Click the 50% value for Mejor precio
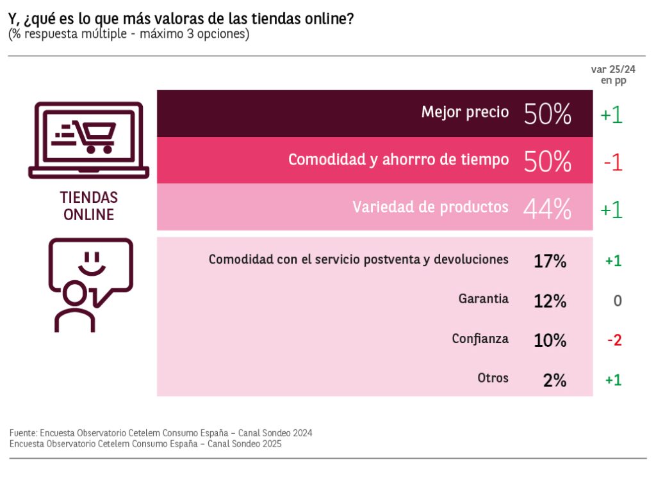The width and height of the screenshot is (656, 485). tap(547, 114)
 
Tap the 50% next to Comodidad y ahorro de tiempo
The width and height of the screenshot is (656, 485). tap(547, 162)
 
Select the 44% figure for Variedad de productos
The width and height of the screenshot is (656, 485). tap(547, 209)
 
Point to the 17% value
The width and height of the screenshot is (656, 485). tap(550, 261)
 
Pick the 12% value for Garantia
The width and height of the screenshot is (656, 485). tap(550, 301)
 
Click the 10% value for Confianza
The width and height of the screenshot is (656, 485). tap(550, 340)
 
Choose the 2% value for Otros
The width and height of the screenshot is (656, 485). tap(554, 380)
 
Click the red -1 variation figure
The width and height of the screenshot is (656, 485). tap(612, 163)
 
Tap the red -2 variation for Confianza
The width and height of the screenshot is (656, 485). tap(614, 340)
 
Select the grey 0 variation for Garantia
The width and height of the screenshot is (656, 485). tap(618, 301)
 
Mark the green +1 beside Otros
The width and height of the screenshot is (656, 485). tap(613, 380)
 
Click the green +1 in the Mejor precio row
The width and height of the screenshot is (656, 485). tap(611, 115)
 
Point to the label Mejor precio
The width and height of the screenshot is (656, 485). tap(465, 113)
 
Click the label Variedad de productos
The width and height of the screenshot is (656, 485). tap(430, 207)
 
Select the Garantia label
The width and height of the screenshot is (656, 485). tap(484, 299)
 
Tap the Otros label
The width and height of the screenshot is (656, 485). tap(493, 378)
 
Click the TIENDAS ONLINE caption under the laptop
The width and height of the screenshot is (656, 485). tap(88, 206)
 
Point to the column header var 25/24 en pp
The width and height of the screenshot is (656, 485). tap(613, 75)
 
